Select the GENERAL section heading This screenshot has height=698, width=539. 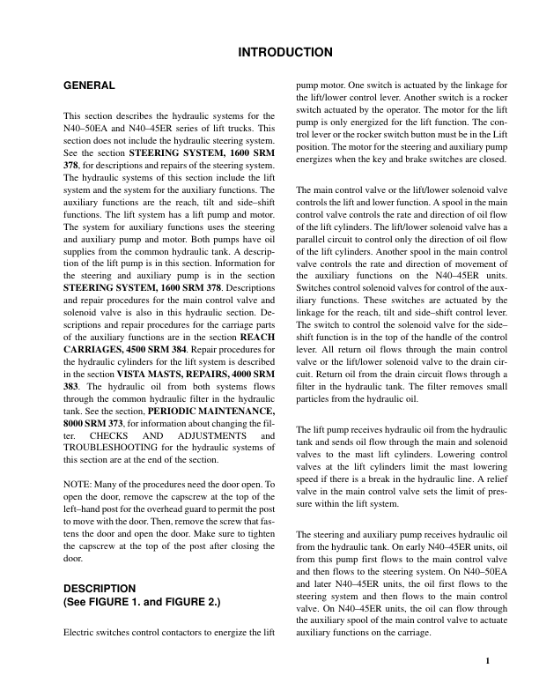[90, 86]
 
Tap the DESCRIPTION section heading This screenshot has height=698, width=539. [100, 587]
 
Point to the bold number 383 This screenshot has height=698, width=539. [73, 387]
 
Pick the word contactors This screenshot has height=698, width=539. [196, 632]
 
